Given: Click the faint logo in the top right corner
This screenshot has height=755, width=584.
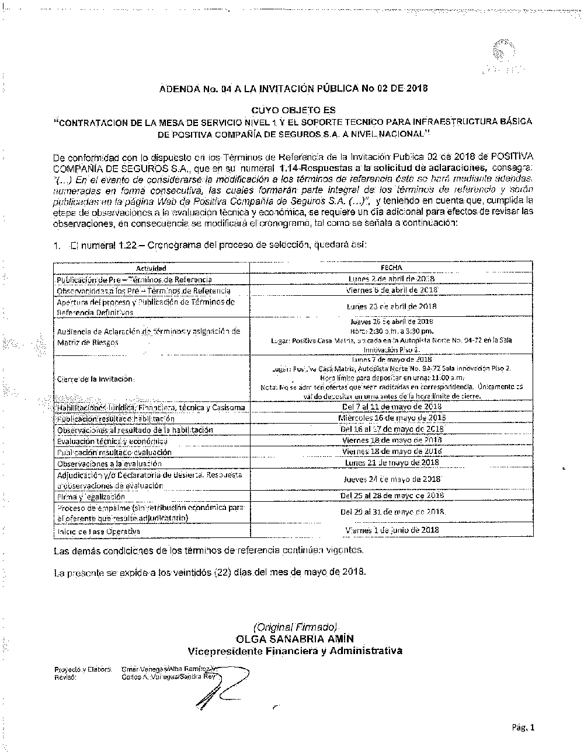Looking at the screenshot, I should (500, 57).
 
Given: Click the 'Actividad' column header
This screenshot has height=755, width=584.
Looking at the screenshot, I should (151, 268).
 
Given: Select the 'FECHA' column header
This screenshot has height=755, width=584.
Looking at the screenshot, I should (391, 268).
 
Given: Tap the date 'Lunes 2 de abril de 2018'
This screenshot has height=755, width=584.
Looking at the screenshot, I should (391, 279).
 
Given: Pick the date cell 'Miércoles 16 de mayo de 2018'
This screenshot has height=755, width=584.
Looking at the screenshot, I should (391, 418).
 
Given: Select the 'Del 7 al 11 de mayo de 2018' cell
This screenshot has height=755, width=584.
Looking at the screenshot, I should (391, 407).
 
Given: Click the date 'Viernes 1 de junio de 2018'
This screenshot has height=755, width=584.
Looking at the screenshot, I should (391, 530).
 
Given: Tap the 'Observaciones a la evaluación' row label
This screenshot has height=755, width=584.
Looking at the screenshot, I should (109, 463).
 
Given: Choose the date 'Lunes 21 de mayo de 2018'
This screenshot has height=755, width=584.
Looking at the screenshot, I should (391, 463).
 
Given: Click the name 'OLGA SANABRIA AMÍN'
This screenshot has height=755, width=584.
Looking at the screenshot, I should (294, 639).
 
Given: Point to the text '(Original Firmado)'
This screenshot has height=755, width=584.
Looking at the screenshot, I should (295, 627).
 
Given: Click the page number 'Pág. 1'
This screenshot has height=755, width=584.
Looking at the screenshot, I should (523, 726).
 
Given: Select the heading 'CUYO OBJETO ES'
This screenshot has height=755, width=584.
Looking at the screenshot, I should (293, 110).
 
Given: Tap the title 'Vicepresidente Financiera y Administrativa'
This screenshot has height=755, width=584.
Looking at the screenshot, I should (294, 651).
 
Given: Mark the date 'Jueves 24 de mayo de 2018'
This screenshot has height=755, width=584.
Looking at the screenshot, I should (391, 479).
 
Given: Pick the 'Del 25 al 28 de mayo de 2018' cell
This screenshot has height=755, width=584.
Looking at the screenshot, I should (391, 495).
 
